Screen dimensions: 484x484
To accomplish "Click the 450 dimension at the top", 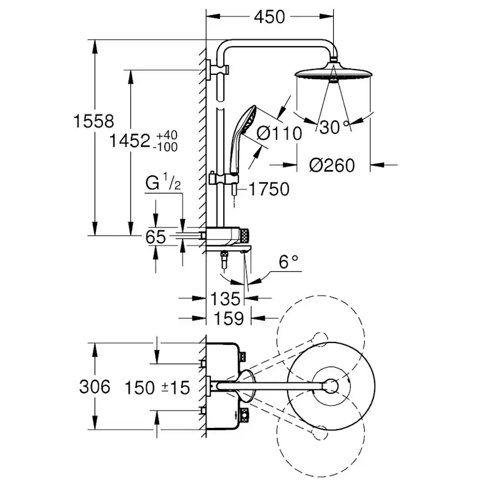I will tap(269, 18).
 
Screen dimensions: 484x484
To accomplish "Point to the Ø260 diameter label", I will tap(332, 165).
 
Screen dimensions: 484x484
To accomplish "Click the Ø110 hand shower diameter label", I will tap(280, 133).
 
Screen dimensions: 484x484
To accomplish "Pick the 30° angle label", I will tap(331, 127).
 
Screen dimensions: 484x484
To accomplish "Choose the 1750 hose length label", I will tap(268, 189).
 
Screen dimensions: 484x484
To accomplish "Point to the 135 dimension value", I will tap(225, 299).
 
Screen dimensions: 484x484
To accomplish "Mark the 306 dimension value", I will tap(94, 386).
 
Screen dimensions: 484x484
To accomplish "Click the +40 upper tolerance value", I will tap(166, 136).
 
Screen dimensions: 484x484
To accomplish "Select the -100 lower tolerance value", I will tap(165, 147).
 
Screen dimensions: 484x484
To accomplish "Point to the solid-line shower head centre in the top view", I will tap(331, 386).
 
